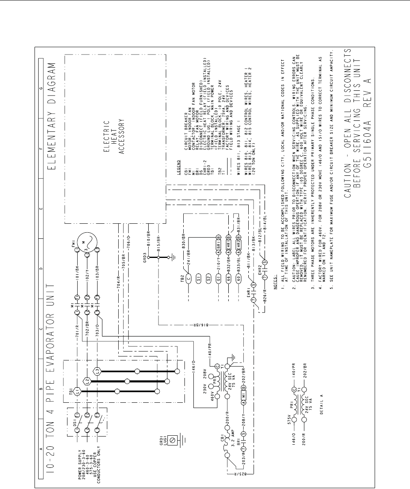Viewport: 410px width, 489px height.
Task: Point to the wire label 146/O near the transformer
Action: tap(194, 362)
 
